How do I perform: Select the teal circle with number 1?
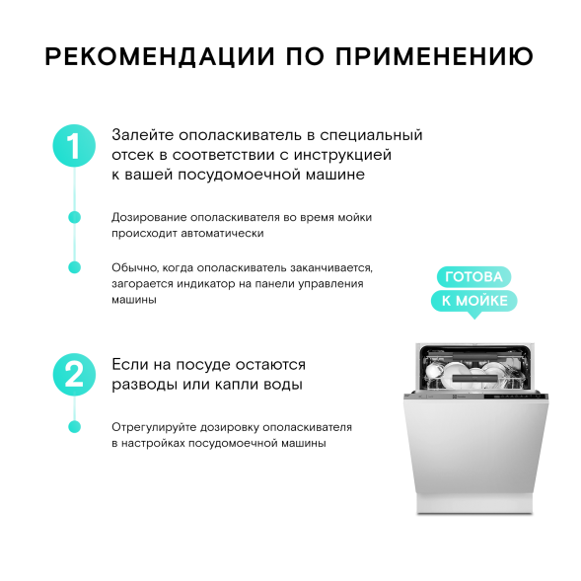coord(73,145)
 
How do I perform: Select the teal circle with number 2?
coord(73,374)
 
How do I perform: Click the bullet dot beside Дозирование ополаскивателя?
coord(73,217)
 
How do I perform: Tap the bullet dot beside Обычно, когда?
coord(73,267)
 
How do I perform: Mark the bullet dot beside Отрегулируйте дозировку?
coord(73,427)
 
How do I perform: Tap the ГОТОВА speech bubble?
coord(473,277)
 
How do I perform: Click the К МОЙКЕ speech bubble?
coord(473,301)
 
